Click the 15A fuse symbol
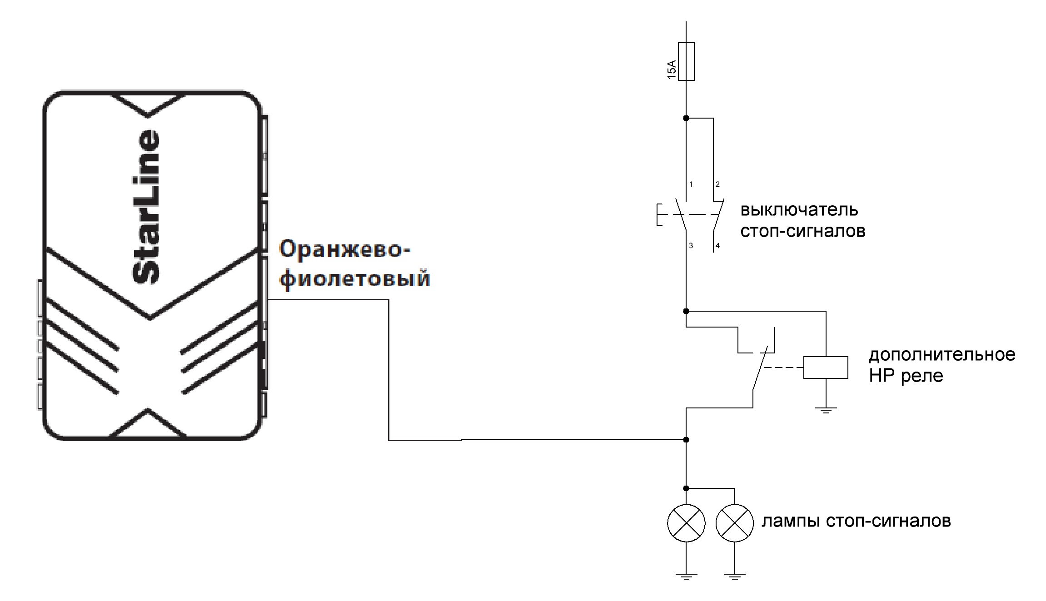[686, 62]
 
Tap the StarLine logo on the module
[146, 207]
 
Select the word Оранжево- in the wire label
[344, 250]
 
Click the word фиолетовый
[354, 278]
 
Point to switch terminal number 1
[691, 184]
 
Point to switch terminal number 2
[718, 184]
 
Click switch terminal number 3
[691, 246]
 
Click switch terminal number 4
[718, 246]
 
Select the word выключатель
[799, 210]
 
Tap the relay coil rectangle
[826, 368]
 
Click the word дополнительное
[942, 354]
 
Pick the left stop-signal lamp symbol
[686, 523]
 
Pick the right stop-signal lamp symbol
[735, 523]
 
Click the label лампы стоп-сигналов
[856, 521]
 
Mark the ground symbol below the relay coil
[826, 411]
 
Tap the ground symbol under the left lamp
[686, 577]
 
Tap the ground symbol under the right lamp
[735, 577]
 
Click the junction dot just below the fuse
[686, 118]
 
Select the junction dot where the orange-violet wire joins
[686, 440]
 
